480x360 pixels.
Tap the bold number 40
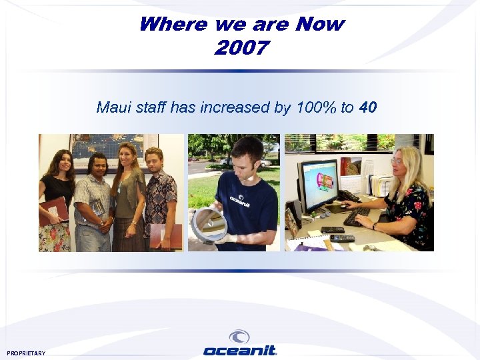tap(368, 107)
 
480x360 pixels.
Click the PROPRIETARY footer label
tap(27, 353)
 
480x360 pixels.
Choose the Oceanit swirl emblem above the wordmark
tap(239, 337)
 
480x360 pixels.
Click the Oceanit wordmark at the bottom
tap(240, 351)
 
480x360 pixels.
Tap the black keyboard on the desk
tap(357, 217)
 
